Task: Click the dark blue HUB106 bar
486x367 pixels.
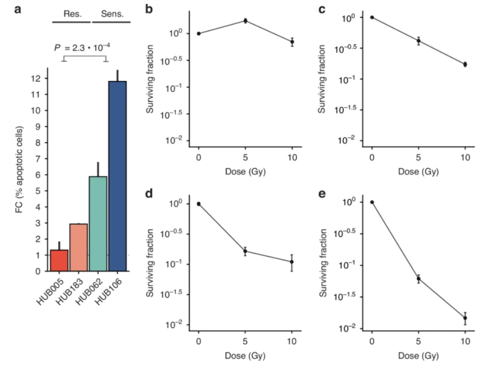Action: (x=118, y=176)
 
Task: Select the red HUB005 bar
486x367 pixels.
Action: (x=59, y=261)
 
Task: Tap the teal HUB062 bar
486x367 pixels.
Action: (x=99, y=224)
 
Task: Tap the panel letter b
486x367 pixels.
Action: (x=148, y=8)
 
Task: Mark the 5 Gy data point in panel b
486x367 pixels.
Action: (x=245, y=21)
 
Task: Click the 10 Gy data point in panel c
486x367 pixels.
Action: (x=465, y=64)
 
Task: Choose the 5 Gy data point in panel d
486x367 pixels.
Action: (x=245, y=251)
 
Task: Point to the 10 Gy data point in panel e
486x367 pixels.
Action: (x=465, y=318)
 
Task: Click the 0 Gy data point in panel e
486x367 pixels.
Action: (x=372, y=202)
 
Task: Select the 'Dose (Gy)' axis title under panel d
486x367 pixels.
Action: (x=245, y=355)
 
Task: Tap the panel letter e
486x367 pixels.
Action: (x=321, y=194)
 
